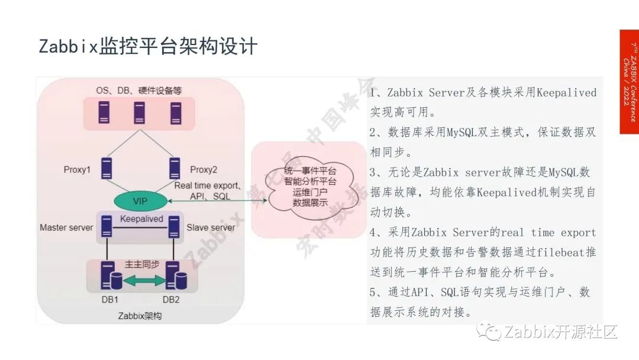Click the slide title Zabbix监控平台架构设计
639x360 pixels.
(148, 46)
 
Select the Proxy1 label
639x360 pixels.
(77, 170)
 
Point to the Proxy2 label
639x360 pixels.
(204, 170)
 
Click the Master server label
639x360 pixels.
(66, 227)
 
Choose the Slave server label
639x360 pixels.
(211, 227)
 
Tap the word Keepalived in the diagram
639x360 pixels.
(141, 219)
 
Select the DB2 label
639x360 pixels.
(171, 299)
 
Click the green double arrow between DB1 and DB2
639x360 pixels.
(141, 282)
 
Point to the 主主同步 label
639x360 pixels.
(141, 265)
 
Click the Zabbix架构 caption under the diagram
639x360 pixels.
(140, 316)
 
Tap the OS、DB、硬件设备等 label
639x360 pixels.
(139, 91)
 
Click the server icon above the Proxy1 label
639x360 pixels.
(107, 168)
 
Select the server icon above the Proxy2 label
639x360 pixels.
(174, 168)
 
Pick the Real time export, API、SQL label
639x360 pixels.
(206, 191)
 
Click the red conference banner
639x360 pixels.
(629, 82)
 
